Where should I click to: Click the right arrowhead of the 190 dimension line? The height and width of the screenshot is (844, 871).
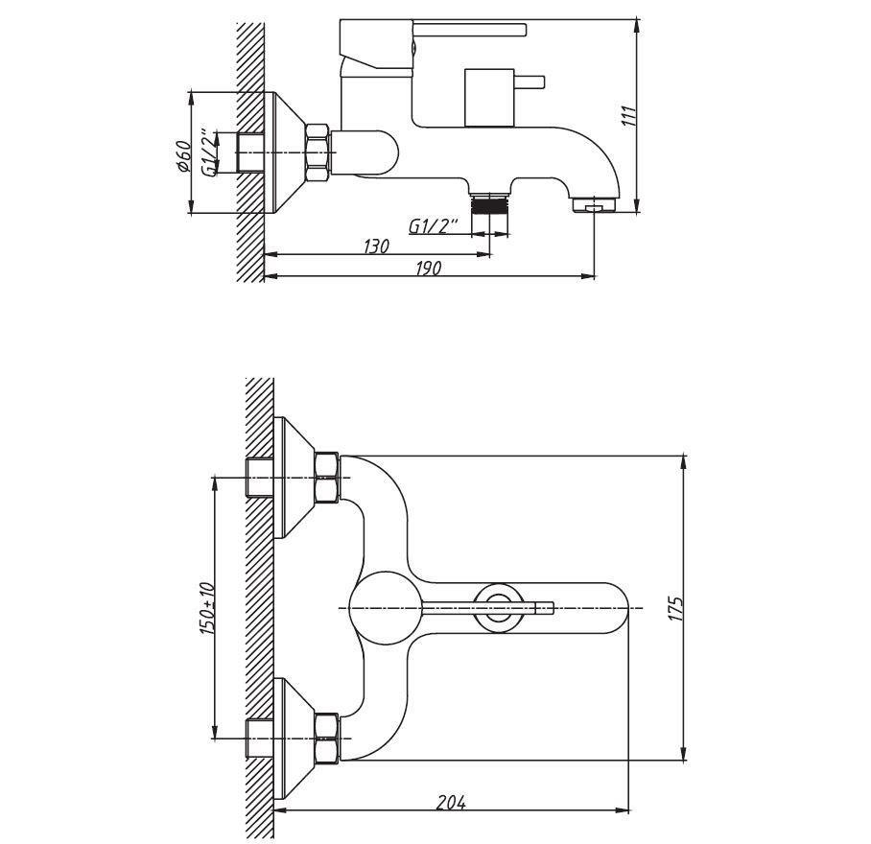pos(588,275)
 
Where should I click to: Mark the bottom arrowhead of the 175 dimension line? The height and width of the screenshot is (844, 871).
pos(684,753)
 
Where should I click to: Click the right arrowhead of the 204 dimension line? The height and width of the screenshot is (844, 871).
pos(622,810)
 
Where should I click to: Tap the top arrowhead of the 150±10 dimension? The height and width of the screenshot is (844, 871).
pos(214,484)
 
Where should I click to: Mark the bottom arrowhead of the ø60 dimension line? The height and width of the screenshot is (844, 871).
pos(191,205)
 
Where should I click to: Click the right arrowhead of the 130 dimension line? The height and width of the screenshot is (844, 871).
pos(483,254)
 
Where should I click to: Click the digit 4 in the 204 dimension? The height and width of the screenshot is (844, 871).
pos(460,803)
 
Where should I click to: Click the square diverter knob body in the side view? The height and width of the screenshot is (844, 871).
pos(489,98)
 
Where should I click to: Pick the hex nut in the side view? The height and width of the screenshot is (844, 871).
pos(318,152)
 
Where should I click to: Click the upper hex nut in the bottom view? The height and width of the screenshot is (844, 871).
pos(326,478)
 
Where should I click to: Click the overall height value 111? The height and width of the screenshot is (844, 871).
pos(629,115)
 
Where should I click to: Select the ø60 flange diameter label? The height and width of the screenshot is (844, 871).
pos(183,157)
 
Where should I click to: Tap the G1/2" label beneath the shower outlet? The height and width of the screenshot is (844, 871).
pos(434,225)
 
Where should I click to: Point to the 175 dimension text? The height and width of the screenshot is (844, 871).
pos(675,609)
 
